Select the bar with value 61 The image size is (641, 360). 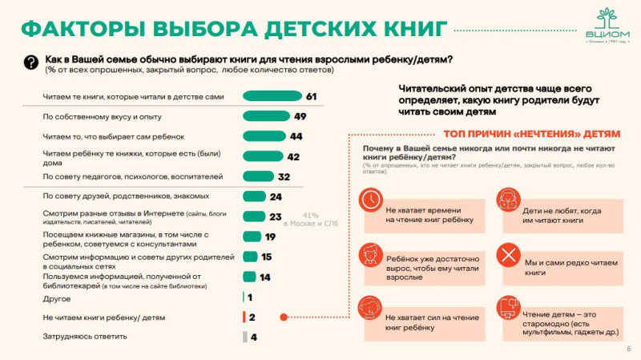coord(272,97)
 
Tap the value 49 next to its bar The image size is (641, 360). coord(300,117)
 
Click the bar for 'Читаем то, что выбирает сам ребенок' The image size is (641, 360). coord(264,136)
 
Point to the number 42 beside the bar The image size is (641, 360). coord(292,156)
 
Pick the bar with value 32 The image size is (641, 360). coord(257,176)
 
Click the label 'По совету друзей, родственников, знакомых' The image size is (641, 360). coord(126,196)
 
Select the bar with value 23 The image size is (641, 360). coord(254,216)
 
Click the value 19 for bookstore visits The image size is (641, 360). coord(270,237)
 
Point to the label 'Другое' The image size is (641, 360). coord(56,298)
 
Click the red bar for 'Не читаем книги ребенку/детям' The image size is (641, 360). coord(244,318)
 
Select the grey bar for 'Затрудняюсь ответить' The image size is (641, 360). coord(245,337)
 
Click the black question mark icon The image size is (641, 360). coord(31,63)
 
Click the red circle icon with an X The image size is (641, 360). coord(508,256)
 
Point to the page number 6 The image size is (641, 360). coord(627,349)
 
